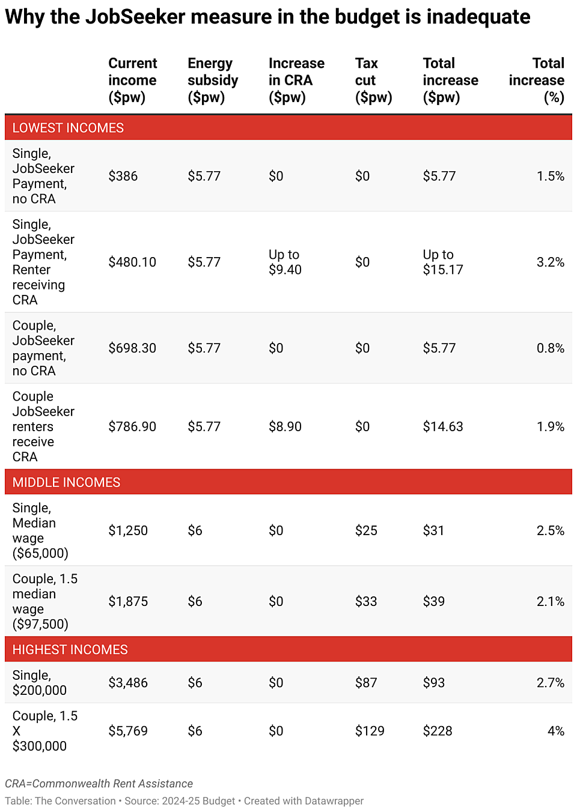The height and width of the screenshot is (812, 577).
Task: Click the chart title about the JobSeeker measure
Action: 267,17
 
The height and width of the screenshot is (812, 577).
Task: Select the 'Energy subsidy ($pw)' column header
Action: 213,80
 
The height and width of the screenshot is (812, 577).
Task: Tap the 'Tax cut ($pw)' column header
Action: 373,80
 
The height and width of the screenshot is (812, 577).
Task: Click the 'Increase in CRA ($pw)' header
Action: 296,80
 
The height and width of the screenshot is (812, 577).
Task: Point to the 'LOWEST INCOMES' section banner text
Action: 68,128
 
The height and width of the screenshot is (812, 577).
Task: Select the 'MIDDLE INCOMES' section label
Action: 66,482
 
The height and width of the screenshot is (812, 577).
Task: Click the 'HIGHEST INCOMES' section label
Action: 70,650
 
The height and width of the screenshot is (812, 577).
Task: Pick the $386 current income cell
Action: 123,176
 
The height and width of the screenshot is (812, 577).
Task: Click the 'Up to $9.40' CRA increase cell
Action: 285,262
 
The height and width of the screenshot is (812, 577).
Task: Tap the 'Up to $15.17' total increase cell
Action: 443,262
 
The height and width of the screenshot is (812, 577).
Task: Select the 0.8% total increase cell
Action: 550,348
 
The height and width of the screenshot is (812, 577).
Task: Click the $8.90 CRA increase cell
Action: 285,427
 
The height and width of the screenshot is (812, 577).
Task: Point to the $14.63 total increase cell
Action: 443,427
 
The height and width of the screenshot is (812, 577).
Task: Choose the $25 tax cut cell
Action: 366,531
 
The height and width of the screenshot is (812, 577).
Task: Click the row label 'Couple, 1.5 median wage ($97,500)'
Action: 45,601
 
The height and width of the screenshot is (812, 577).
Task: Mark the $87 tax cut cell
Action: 366,683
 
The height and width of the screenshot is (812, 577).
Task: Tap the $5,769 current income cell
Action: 128,731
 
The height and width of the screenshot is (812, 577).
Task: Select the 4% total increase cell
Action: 555,731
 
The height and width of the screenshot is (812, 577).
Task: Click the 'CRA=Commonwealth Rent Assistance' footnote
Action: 99,784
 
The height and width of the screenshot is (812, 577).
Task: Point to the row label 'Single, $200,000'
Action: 40,683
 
